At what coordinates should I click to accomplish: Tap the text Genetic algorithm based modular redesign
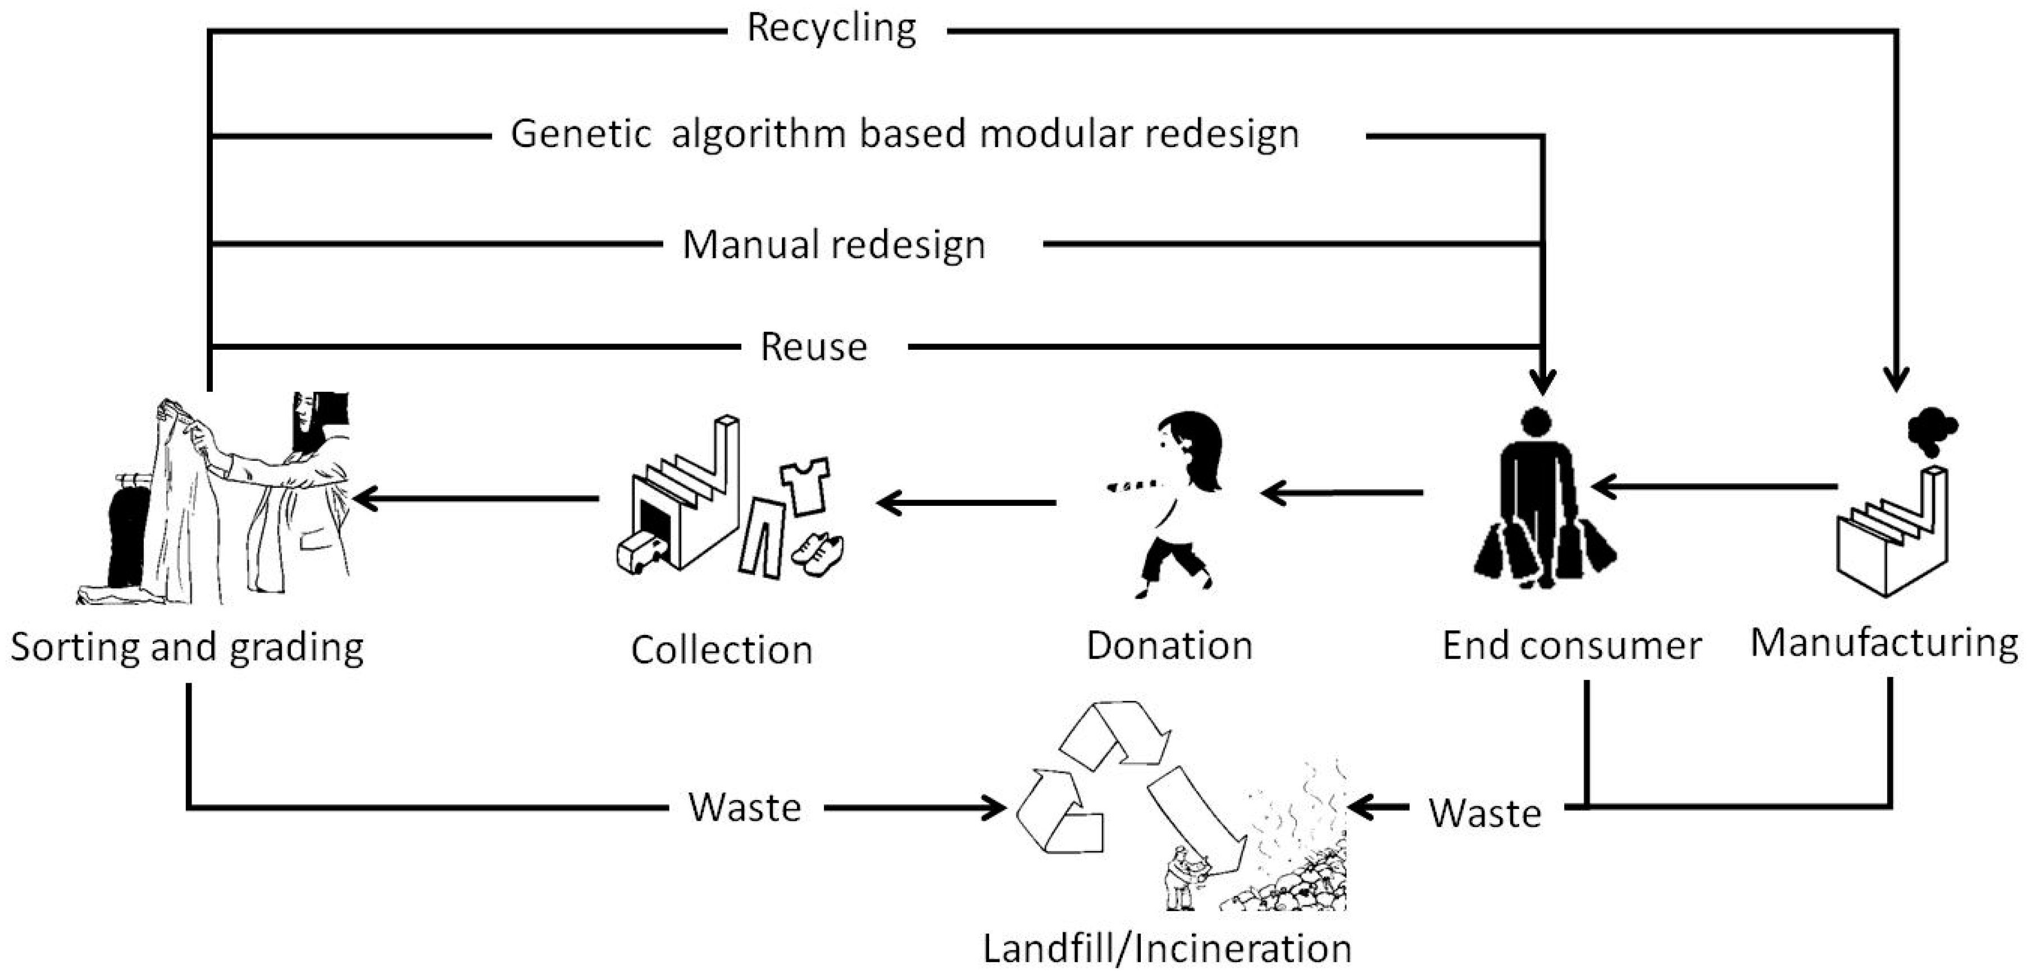coord(905,134)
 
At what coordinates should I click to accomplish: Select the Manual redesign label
coord(833,245)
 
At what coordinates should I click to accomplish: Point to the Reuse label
coord(814,347)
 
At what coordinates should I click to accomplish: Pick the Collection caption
coord(722,651)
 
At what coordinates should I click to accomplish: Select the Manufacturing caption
coord(1884,643)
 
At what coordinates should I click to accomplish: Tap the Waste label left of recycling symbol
coord(744,807)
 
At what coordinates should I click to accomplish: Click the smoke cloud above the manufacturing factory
coord(1931,432)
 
